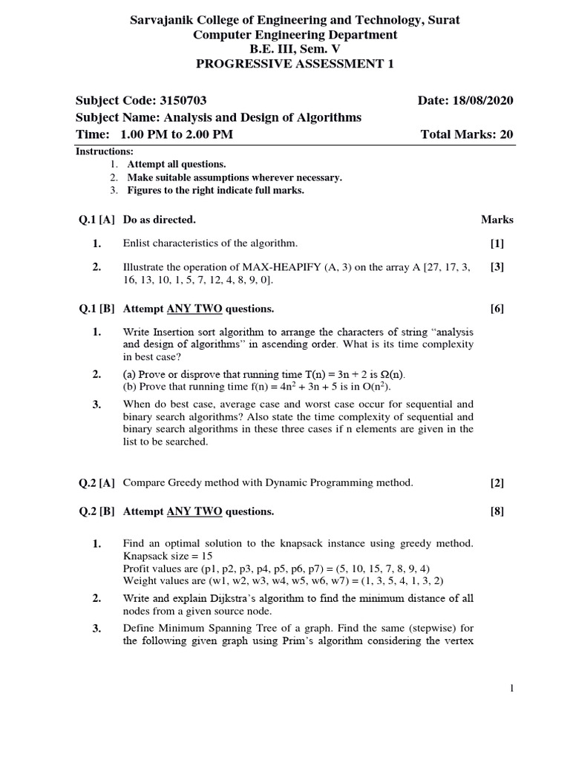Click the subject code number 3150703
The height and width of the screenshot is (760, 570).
pos(189,100)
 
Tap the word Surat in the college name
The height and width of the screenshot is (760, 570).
pos(442,20)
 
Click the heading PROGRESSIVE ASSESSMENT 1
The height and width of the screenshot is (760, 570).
pos(295,64)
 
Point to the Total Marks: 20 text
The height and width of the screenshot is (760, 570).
pos(467,134)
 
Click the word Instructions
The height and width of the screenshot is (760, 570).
pos(104,151)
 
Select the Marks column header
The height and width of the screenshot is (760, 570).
pos(497,220)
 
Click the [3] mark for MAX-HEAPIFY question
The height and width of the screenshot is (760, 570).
pos(497,267)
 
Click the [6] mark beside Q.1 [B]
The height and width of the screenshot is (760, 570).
pos(497,309)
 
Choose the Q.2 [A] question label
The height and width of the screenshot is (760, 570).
pos(96,482)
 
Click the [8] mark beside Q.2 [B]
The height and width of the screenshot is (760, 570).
pos(497,511)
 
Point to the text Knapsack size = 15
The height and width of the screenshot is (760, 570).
pos(166,556)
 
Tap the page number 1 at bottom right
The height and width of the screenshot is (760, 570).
pos(511,689)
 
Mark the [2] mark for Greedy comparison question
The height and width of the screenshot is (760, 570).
pos(497,482)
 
